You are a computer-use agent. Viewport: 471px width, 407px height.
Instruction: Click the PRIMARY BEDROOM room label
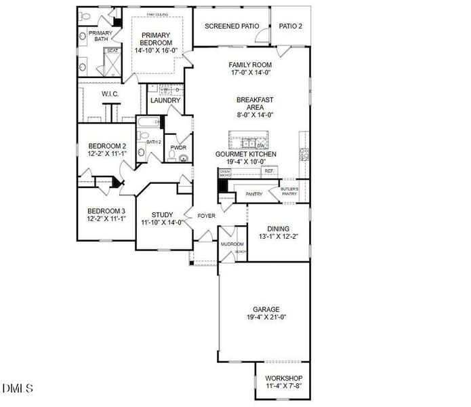[x=156, y=41]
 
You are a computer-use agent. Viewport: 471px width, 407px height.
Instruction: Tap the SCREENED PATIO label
[x=232, y=26]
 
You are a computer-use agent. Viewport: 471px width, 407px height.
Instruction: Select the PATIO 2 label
[x=291, y=26]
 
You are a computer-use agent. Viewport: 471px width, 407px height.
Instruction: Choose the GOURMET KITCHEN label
[x=245, y=155]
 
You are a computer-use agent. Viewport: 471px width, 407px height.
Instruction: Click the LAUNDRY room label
[x=165, y=101]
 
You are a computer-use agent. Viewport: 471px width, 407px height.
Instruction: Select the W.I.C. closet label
[x=110, y=94]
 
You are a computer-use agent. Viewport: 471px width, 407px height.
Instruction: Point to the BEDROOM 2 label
[x=107, y=146]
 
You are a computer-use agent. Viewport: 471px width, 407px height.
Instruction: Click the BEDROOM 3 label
[x=106, y=211]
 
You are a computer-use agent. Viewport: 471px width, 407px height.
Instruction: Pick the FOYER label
[x=206, y=216]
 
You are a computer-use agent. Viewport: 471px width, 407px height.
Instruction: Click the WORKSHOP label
[x=283, y=378]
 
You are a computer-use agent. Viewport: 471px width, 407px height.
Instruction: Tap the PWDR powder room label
[x=178, y=147]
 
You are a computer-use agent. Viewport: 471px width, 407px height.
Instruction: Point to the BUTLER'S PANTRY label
[x=289, y=191]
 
